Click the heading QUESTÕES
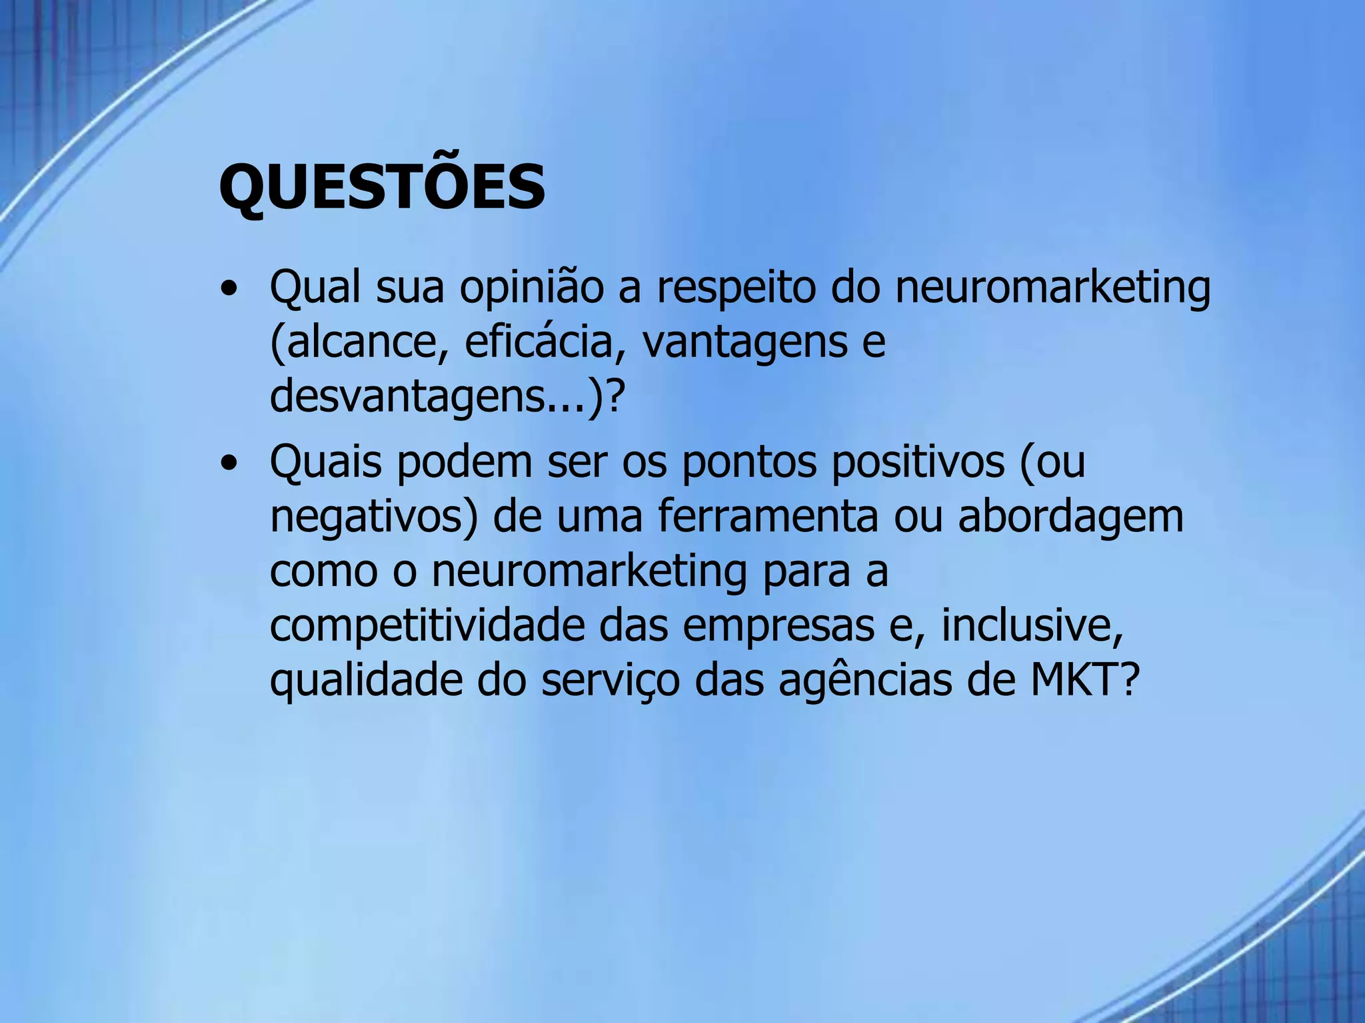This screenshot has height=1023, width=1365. point(382,187)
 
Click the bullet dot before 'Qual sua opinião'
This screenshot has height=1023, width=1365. point(229,290)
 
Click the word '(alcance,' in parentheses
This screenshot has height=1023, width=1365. point(359,342)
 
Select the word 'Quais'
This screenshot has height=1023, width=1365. point(326,462)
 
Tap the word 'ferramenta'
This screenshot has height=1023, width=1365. point(768,517)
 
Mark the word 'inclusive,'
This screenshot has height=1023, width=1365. point(1032,626)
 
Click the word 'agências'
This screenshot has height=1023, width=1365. point(865,681)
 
